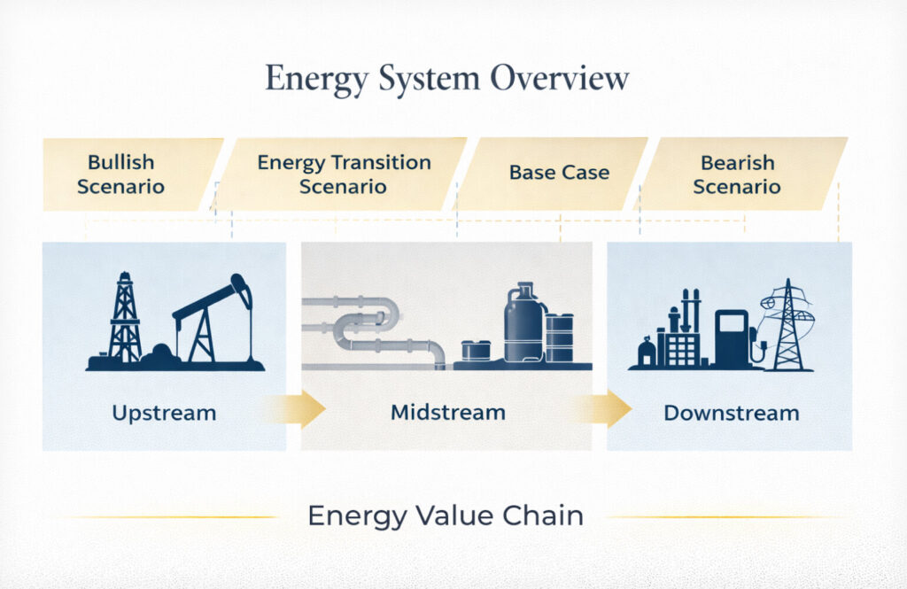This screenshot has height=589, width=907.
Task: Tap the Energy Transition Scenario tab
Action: [x=344, y=174]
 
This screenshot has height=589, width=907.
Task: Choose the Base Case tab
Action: [x=559, y=173]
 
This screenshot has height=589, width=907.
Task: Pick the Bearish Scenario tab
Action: [x=737, y=174]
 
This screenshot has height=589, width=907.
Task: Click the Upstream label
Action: [x=164, y=413]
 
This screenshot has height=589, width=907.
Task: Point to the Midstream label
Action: [x=447, y=413]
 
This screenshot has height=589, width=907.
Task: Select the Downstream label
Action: [x=731, y=413]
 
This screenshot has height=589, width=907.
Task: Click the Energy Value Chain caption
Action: [x=446, y=515]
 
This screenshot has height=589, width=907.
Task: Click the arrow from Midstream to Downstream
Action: [x=605, y=409]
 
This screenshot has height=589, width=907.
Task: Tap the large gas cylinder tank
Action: [x=524, y=324]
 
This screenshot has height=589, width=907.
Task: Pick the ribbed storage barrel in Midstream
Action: [x=559, y=337]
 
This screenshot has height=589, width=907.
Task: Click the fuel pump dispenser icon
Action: [x=733, y=337]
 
